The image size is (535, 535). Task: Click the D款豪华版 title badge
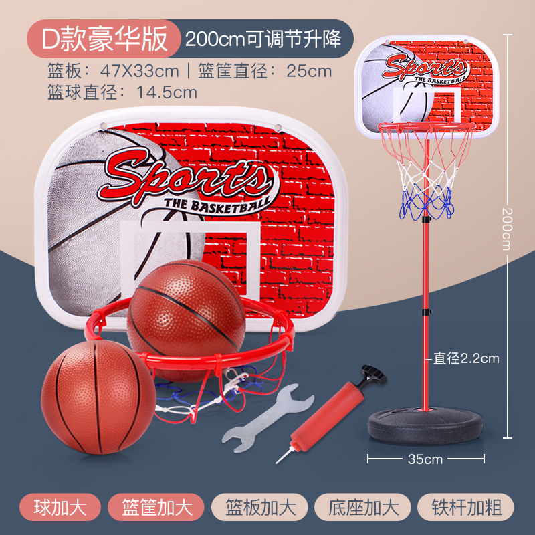coord(105,39)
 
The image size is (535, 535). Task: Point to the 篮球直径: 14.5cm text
coord(122,92)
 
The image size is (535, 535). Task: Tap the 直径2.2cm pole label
coord(466,358)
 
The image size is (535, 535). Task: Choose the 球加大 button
coord(60,505)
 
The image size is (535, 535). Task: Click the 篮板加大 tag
coord(257,505)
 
